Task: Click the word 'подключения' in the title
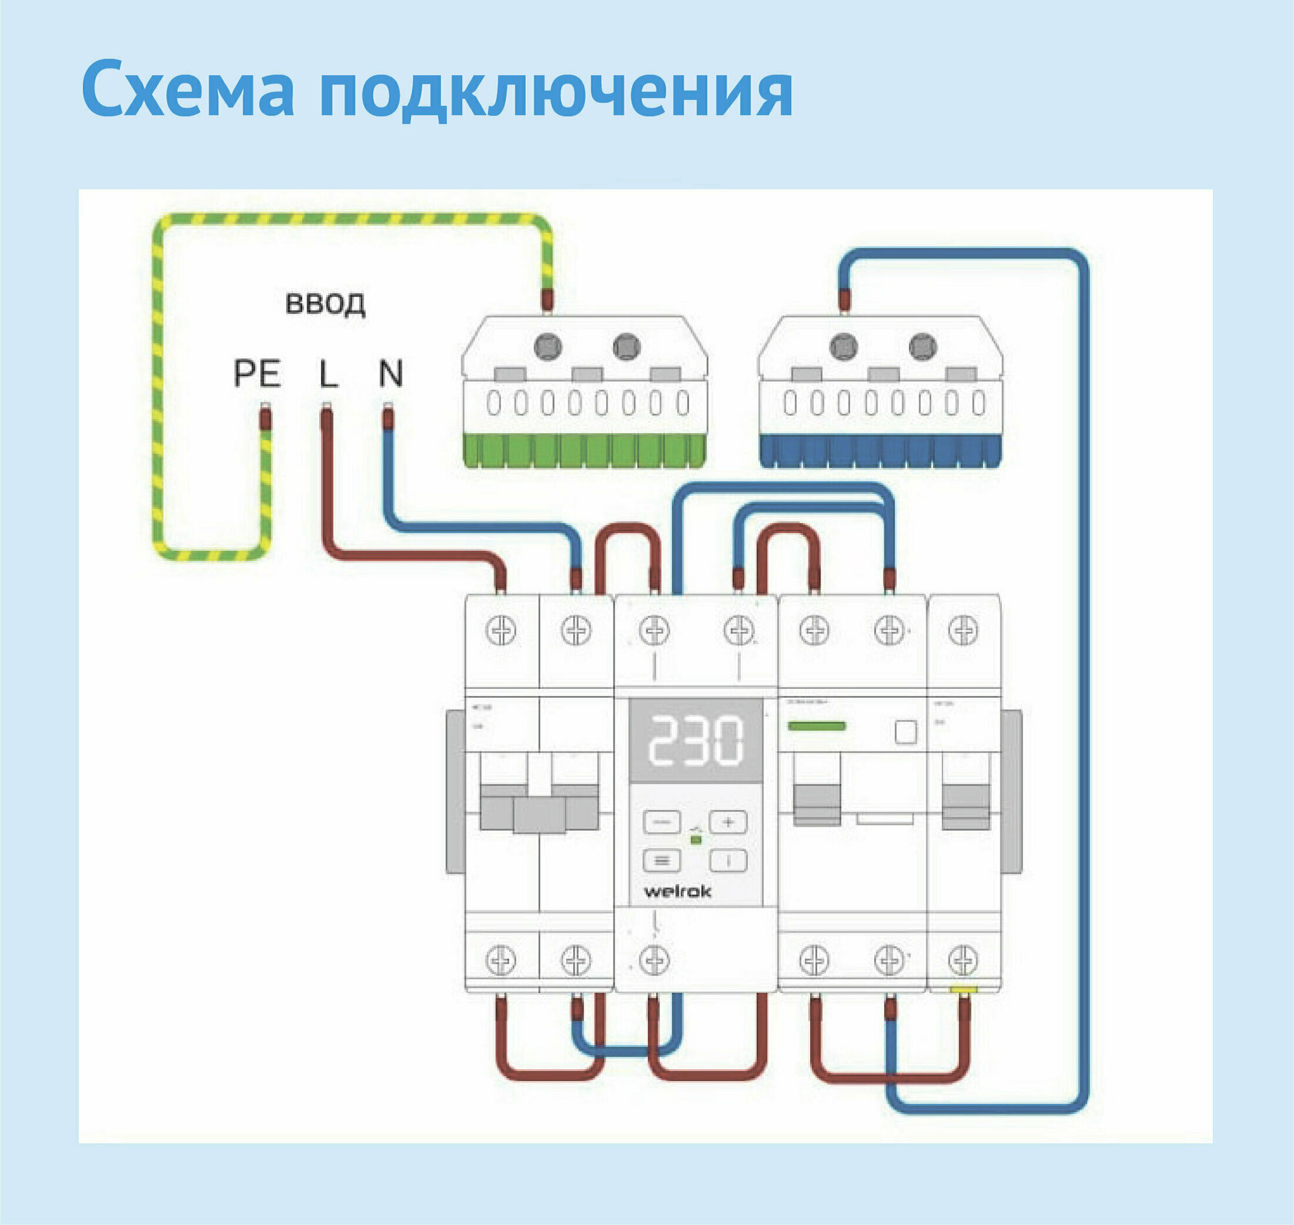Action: [555, 90]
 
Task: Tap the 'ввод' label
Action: [325, 303]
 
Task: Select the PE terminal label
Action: [258, 374]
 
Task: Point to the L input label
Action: [328, 374]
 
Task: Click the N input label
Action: [391, 374]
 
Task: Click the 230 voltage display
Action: [696, 741]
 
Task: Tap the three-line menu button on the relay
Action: [662, 861]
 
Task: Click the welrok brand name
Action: [677, 891]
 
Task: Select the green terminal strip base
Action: [585, 451]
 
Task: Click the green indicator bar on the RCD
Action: [817, 726]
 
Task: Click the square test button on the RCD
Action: [905, 732]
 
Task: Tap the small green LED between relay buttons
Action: [696, 840]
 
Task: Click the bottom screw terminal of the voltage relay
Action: [655, 960]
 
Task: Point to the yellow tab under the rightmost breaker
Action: [963, 990]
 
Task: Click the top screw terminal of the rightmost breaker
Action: [963, 631]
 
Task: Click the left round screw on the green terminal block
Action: [547, 347]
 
